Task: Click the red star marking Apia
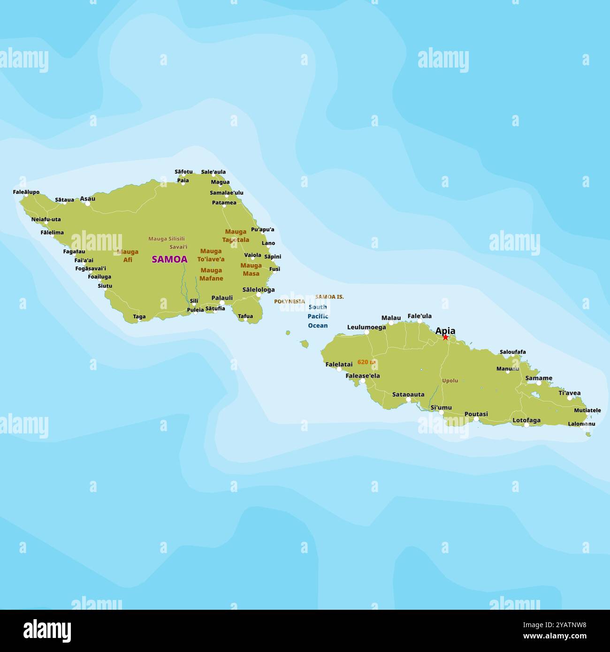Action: pos(445,337)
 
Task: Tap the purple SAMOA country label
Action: pos(169,259)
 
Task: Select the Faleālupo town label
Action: pos(26,192)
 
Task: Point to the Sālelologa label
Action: pos(259,290)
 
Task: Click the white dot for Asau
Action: pos(87,204)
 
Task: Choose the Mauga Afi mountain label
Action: pos(128,256)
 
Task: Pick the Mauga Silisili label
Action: pos(167,239)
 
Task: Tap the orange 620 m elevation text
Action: pos(366,362)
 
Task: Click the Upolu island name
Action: pos(450,380)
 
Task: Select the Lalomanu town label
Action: pos(581,424)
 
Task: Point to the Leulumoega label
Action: pos(366,327)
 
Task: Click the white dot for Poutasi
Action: pos(476,419)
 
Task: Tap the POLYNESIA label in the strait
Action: pos(290,302)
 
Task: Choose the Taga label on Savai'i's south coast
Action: pos(139,317)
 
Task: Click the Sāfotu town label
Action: pos(183,172)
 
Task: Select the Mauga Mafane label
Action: pos(211,274)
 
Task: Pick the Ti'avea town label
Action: pos(569,393)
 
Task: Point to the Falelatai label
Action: pos(339,364)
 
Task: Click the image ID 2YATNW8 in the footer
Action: pos(570,625)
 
